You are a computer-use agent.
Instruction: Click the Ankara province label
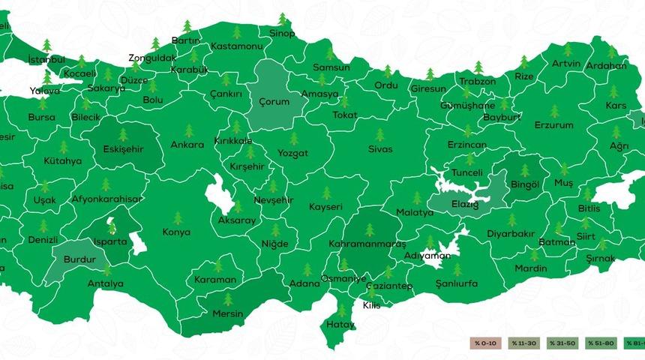click(x=187, y=145)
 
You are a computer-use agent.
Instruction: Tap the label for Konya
click(x=176, y=232)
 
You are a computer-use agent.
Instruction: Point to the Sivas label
click(x=379, y=149)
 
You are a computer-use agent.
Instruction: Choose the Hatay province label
click(x=340, y=325)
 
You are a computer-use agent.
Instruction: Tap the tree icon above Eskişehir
click(x=122, y=134)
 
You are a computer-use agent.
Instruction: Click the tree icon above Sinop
click(x=282, y=19)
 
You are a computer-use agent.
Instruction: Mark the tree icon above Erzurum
click(x=554, y=111)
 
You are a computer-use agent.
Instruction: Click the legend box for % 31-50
click(x=562, y=343)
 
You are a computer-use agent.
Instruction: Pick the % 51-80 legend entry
click(x=601, y=343)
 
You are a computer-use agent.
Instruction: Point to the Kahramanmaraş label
click(x=367, y=244)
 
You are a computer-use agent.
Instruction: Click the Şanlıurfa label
click(x=456, y=284)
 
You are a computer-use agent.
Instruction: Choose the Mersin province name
click(x=228, y=314)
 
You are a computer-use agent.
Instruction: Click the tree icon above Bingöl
click(x=524, y=170)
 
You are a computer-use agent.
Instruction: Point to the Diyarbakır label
click(x=511, y=233)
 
